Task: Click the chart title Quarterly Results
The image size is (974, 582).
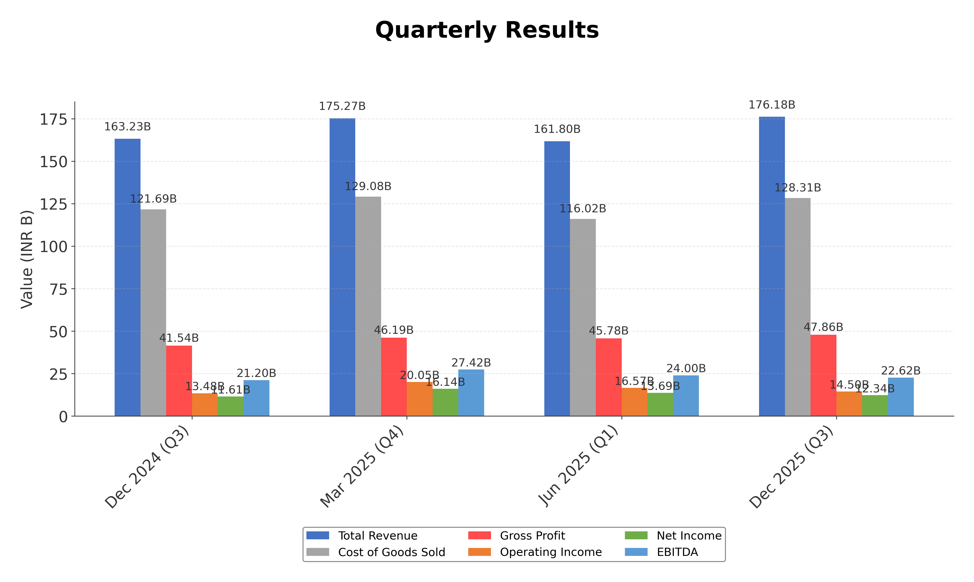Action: click(487, 30)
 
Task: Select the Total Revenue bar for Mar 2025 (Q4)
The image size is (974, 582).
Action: click(342, 267)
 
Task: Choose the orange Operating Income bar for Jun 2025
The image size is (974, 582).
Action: click(634, 402)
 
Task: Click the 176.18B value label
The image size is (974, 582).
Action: click(772, 105)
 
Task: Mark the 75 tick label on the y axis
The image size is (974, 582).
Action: click(58, 289)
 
